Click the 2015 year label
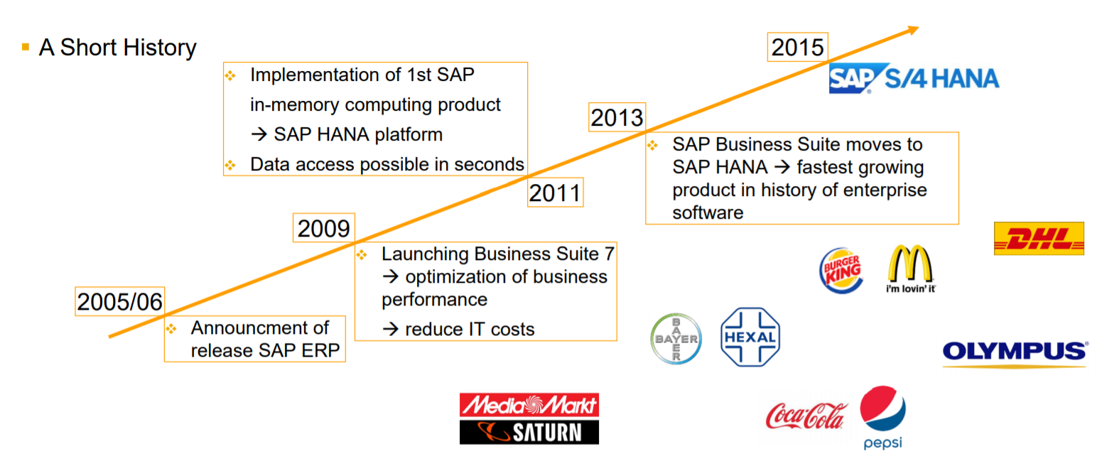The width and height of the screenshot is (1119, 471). tap(798, 48)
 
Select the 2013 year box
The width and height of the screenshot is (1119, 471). tap(617, 117)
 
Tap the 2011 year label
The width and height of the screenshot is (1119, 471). tap(555, 193)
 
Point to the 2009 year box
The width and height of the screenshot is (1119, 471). tap(323, 228)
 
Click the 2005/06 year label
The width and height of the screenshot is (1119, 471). tap(119, 301)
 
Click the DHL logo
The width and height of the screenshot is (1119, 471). tap(1039, 239)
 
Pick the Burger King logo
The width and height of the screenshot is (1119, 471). tap(842, 270)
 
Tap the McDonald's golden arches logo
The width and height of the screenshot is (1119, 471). tap(910, 266)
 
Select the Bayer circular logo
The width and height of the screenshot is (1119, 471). tap(676, 339)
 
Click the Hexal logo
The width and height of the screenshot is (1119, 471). tap(750, 337)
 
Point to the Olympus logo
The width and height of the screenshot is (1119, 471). tap(1015, 352)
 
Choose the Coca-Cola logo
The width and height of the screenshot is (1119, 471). tap(806, 416)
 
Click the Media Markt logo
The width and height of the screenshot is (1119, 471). tap(529, 405)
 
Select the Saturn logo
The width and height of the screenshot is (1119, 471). tap(529, 432)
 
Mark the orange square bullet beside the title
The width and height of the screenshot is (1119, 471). tap(26, 48)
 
